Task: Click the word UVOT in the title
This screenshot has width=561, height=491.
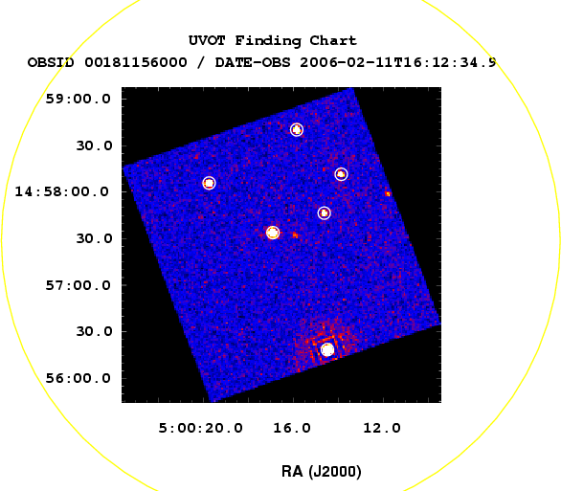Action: point(207,40)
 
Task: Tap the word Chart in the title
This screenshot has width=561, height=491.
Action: point(333,40)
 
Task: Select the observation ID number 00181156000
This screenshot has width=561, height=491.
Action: point(136,62)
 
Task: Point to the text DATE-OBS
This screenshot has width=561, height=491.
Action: point(253,62)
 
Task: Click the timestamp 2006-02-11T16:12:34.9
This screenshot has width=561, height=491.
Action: point(398,62)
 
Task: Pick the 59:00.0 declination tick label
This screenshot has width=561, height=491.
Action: point(78,99)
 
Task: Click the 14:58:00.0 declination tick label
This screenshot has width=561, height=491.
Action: point(61,192)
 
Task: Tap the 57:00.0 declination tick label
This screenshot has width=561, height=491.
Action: point(78,285)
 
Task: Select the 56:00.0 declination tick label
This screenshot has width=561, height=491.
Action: point(78,378)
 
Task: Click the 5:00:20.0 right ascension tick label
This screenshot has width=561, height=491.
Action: point(200,428)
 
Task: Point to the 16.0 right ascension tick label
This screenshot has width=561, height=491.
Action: point(292,428)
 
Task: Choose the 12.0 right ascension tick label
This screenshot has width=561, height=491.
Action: point(382,428)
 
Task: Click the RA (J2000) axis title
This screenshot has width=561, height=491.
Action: point(322,471)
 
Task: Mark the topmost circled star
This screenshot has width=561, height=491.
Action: point(297,129)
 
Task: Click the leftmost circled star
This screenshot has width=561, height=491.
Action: point(209,183)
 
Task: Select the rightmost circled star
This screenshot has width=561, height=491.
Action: point(342,174)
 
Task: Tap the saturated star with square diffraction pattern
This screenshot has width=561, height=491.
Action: point(327,349)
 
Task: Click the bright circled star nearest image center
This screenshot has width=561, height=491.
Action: point(273,233)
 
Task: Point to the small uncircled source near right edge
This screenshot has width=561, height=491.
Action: point(388,194)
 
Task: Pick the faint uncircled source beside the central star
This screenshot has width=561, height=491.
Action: point(295,234)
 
